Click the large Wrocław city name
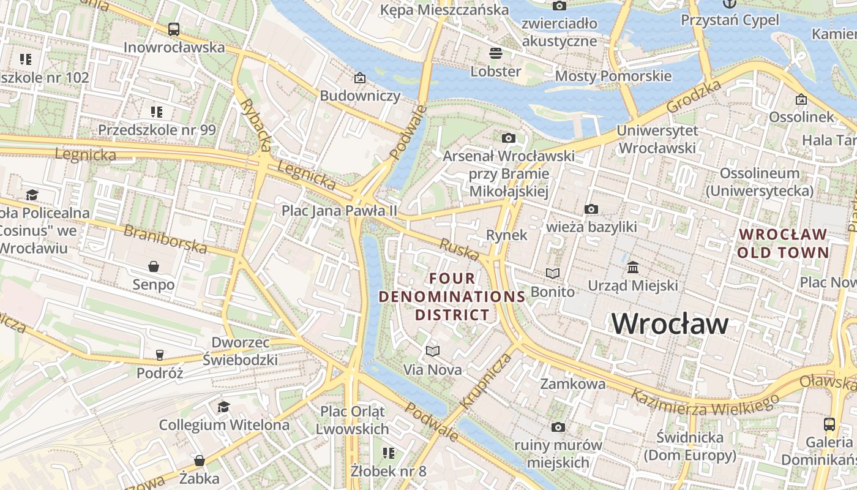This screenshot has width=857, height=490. click(670, 323)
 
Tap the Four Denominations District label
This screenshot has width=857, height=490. click(452, 297)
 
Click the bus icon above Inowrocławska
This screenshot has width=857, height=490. click(174, 29)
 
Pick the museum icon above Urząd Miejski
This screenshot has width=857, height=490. click(633, 268)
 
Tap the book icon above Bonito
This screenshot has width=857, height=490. click(553, 273)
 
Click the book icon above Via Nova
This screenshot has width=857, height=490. click(433, 351)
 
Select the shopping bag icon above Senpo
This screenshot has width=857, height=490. click(154, 266)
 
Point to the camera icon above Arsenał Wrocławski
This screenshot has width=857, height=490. click(508, 138)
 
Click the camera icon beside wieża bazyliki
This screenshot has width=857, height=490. click(591, 209)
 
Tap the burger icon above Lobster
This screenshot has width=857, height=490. click(496, 53)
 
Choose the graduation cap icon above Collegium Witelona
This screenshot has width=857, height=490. click(224, 407)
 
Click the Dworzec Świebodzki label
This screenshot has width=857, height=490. click(240, 351)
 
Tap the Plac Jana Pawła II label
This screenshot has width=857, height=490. click(339, 211)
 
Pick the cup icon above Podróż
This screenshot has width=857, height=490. click(160, 355)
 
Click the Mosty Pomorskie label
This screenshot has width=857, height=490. click(613, 77)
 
